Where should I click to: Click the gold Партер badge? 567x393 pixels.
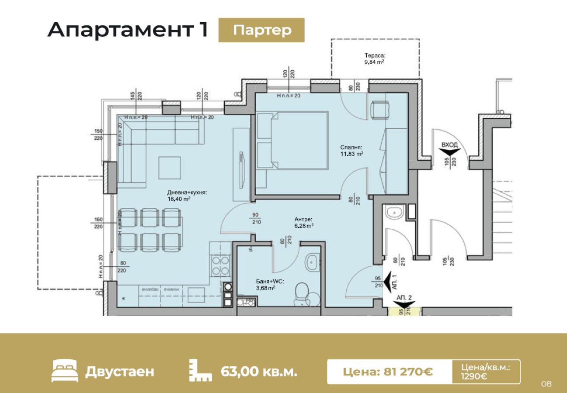point(261,30)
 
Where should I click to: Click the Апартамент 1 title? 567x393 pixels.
point(128,30)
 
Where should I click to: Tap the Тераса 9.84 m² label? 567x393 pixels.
point(375,59)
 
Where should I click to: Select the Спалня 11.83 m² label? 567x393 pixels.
point(352,150)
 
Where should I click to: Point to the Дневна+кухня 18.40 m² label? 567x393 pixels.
point(187,195)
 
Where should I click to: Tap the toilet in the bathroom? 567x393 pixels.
point(302,293)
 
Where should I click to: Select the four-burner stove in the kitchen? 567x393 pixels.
point(220,265)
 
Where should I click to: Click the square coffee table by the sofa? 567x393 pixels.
point(170,168)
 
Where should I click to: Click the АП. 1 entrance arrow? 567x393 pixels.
point(387,278)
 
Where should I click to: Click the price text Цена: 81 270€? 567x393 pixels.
point(388,372)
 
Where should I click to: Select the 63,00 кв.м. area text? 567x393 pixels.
point(259,372)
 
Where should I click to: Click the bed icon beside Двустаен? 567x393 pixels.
point(64,371)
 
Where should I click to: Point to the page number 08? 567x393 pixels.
point(546,384)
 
